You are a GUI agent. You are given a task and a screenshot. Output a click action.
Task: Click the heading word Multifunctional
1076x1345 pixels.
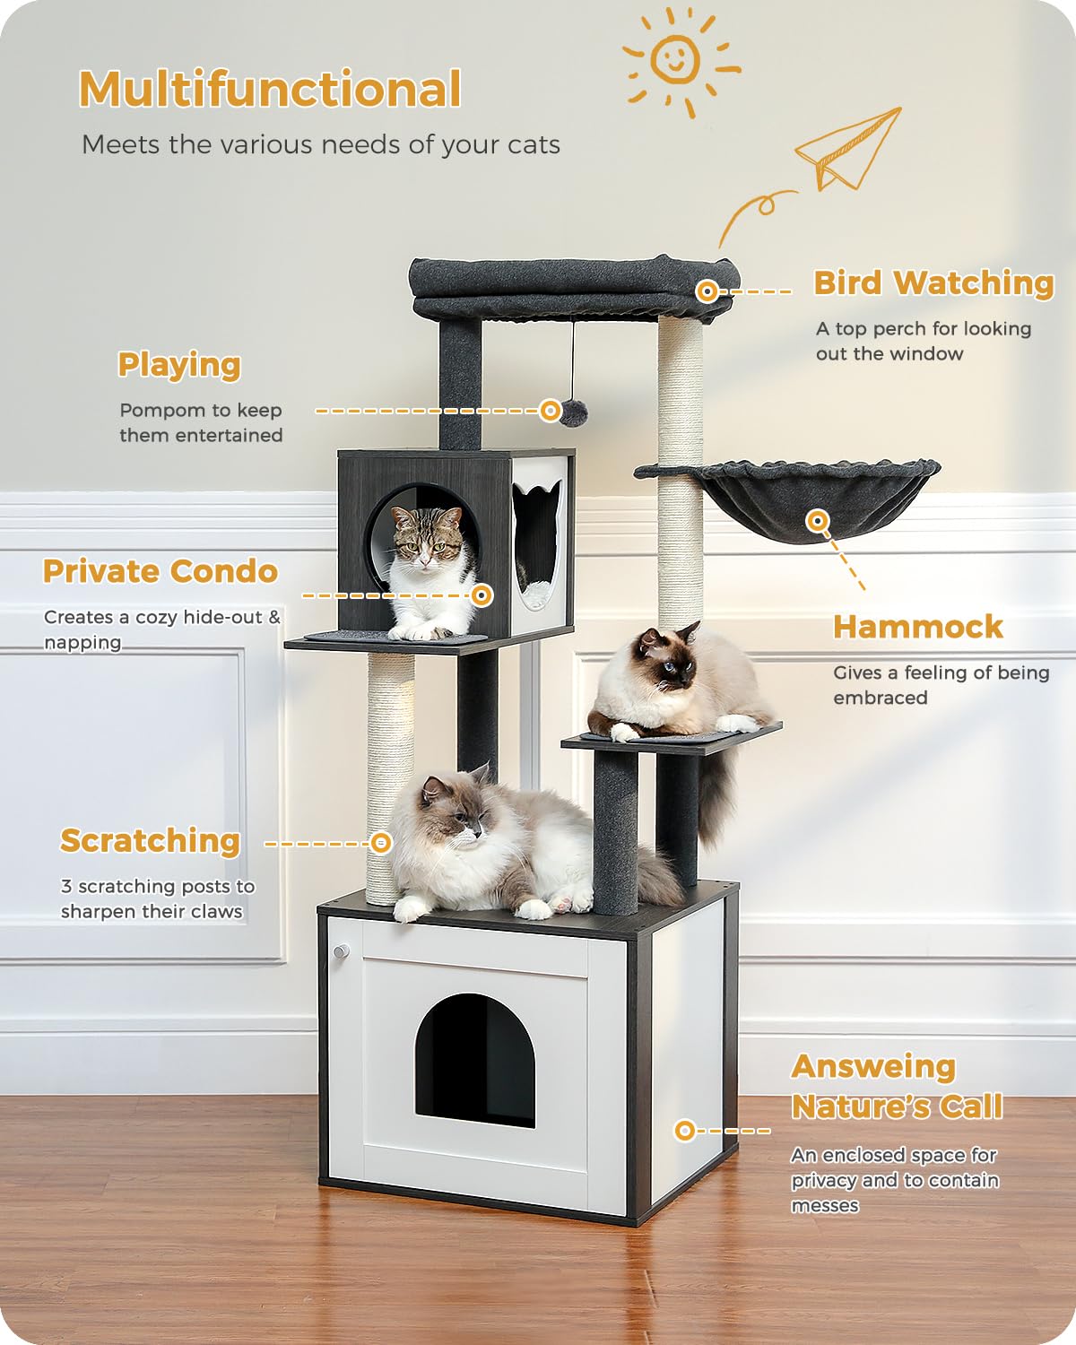pyautogui.click(x=270, y=90)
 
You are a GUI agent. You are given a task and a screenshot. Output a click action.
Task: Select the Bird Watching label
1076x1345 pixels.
pyautogui.click(x=933, y=283)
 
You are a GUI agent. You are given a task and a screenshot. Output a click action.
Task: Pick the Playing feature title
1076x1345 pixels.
pyautogui.click(x=179, y=365)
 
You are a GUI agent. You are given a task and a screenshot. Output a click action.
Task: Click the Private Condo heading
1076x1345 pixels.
pyautogui.click(x=161, y=571)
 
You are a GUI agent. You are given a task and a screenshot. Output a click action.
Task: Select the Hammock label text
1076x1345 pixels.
pyautogui.click(x=917, y=627)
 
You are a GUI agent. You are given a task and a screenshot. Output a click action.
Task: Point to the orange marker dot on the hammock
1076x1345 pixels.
pyautogui.click(x=816, y=520)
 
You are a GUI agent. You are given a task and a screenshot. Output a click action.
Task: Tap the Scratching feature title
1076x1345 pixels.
pyautogui.click(x=150, y=841)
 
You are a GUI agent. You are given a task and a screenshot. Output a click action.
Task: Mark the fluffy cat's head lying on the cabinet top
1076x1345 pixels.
pyautogui.click(x=453, y=811)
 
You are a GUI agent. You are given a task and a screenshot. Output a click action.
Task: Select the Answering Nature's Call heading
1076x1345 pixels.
pyautogui.click(x=896, y=1086)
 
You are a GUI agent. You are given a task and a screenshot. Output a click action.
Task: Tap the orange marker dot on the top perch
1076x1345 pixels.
pyautogui.click(x=707, y=291)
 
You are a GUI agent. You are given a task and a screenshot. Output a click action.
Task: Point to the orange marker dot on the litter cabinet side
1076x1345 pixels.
pyautogui.click(x=684, y=1131)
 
